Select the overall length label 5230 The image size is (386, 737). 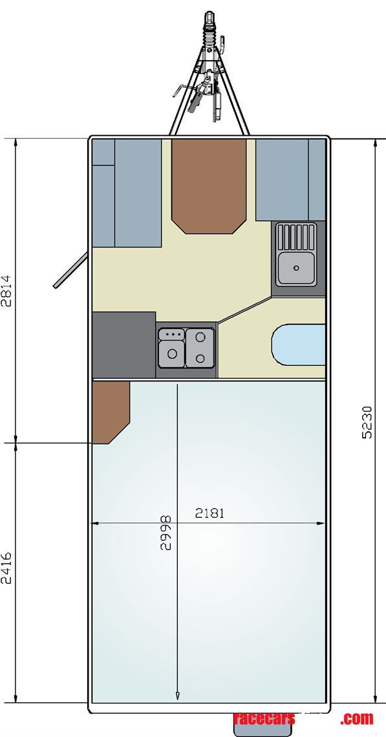367,422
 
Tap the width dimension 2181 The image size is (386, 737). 209,513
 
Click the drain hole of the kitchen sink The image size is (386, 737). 296,266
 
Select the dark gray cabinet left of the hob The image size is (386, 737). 123,344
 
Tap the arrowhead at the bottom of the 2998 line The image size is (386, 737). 177,695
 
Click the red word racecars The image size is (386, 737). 264,718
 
